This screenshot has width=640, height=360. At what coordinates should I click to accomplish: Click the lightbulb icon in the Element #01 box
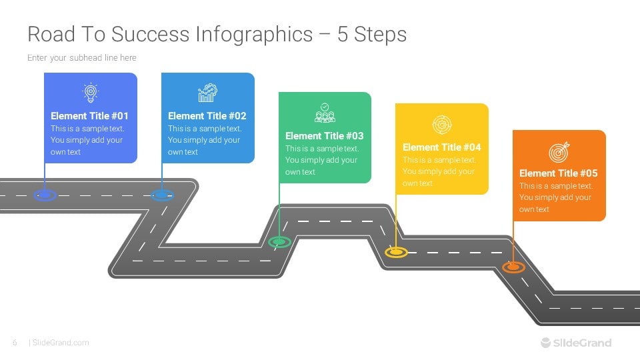[90, 92]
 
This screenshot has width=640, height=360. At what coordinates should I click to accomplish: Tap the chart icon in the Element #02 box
[207, 93]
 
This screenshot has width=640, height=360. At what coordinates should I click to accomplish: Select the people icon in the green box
[325, 113]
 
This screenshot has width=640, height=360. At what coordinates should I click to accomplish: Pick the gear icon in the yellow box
[441, 124]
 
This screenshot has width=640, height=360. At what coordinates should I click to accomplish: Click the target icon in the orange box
[559, 152]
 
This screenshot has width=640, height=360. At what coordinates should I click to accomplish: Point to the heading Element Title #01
[89, 116]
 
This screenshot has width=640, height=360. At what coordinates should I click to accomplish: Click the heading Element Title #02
[207, 116]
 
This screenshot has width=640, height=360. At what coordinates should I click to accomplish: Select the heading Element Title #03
[324, 136]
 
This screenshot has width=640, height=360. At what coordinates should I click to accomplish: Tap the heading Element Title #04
[441, 147]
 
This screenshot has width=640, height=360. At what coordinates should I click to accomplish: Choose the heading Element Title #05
[559, 173]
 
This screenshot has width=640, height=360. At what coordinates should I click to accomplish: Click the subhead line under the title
[81, 58]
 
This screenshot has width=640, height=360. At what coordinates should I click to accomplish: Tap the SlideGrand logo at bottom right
[576, 343]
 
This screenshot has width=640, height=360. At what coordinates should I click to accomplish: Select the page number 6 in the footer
[15, 343]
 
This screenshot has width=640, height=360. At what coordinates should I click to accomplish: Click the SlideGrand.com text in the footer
[61, 343]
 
